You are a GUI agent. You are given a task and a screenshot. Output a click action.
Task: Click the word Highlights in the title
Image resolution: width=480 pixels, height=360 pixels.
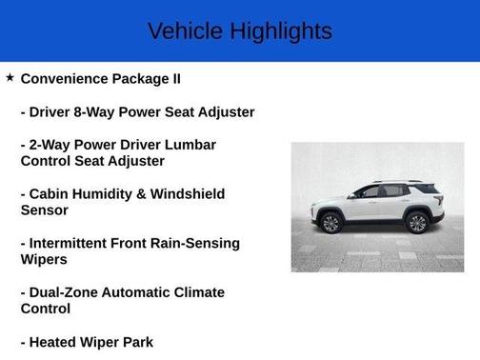pyautogui.click(x=282, y=30)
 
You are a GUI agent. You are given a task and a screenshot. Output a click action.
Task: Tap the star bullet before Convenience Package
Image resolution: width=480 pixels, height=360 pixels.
pyautogui.click(x=10, y=77)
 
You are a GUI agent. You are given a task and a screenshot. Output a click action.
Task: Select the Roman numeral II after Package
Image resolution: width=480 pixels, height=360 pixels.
pyautogui.click(x=175, y=78)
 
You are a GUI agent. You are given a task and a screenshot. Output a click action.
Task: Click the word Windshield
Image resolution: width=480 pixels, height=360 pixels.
pyautogui.click(x=190, y=193)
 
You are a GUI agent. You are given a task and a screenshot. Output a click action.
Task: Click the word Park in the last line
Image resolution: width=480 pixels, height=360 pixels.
pyautogui.click(x=133, y=342)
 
